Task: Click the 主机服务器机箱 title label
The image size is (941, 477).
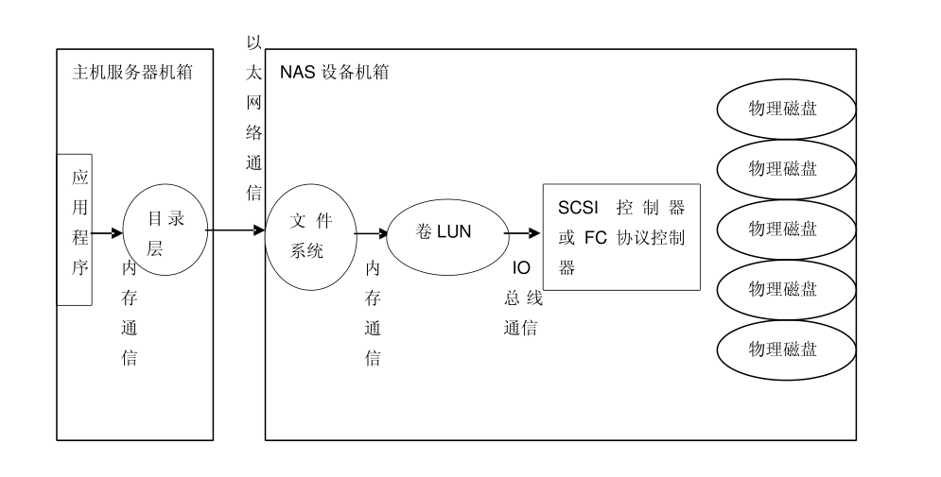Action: (131, 72)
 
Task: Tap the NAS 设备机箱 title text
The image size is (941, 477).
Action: (334, 72)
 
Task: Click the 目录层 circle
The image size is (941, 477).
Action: (165, 230)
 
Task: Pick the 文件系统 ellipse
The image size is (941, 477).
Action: (310, 236)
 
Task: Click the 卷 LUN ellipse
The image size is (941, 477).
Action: (444, 232)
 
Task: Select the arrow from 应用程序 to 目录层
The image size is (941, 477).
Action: (108, 232)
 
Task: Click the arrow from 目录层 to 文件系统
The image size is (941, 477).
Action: (236, 230)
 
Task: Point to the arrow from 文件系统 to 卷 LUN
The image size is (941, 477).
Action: (372, 232)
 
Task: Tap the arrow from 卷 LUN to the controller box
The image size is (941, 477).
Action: (522, 232)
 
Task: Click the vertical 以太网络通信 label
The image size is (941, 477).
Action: (253, 117)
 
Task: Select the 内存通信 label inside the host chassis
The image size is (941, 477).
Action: (130, 313)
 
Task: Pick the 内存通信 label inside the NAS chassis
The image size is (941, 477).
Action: (373, 313)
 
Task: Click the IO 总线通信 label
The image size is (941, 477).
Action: (522, 298)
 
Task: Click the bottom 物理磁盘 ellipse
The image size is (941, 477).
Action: (785, 349)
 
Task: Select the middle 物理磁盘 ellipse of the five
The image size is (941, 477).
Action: (785, 229)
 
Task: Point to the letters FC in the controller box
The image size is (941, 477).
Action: (595, 237)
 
